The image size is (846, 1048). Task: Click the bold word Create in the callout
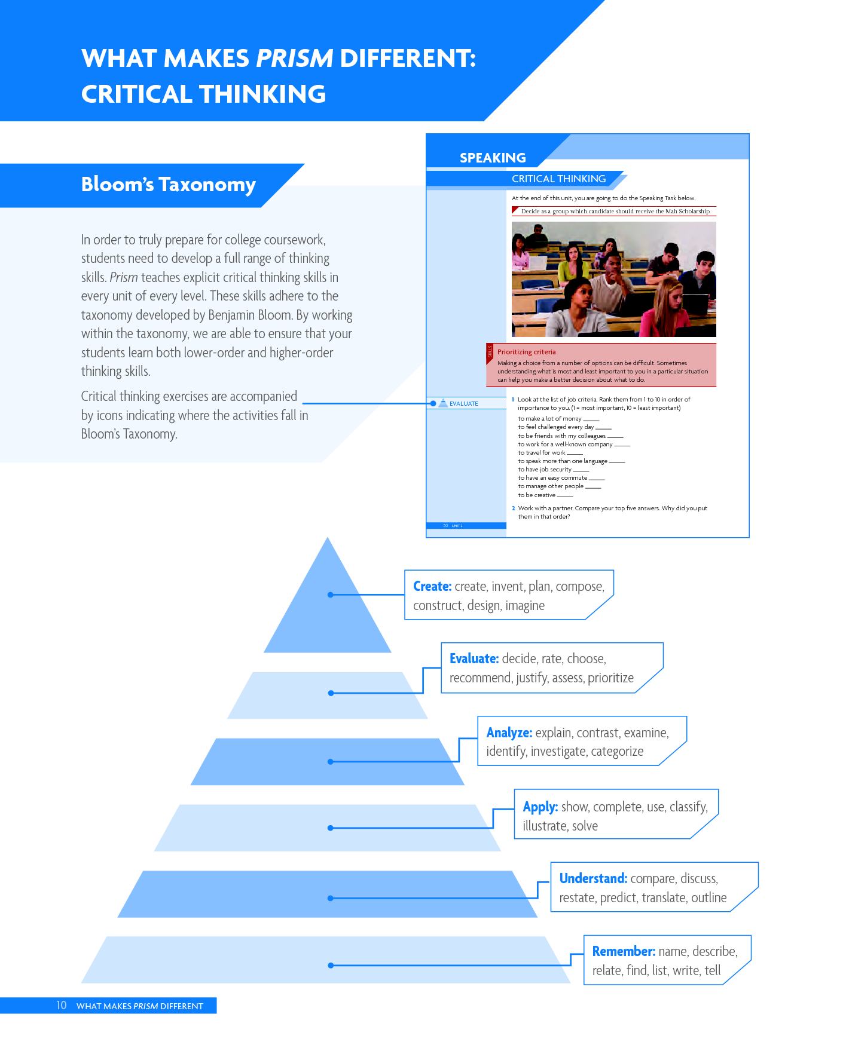click(x=432, y=586)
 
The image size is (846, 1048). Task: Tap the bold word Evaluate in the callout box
click(x=474, y=658)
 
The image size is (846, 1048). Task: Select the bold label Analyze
click(x=509, y=733)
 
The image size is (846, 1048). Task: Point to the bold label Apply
click(x=540, y=807)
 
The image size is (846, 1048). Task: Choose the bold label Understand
click(x=593, y=878)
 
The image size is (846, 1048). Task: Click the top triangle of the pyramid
click(x=328, y=603)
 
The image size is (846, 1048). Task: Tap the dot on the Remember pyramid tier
click(x=331, y=966)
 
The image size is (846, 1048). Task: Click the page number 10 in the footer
click(x=62, y=1005)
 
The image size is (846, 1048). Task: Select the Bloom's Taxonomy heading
click(x=169, y=184)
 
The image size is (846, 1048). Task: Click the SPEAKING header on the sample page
click(x=493, y=158)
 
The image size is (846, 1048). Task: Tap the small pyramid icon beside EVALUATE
click(x=443, y=403)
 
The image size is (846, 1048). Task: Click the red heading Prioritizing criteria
click(x=527, y=352)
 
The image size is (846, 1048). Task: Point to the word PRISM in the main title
click(x=294, y=58)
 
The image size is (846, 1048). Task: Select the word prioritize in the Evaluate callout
click(x=610, y=678)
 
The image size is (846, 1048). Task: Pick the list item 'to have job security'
click(x=545, y=470)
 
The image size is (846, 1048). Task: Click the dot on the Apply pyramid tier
click(x=331, y=828)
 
